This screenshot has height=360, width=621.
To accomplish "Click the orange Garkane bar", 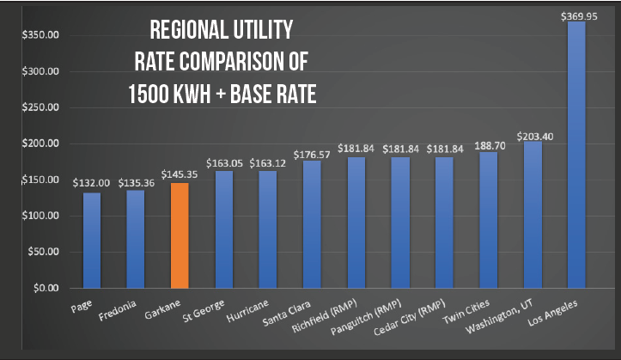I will point(179,235).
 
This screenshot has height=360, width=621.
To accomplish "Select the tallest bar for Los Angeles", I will point(576,155).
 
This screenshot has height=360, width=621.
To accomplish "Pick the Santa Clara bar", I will point(311,224).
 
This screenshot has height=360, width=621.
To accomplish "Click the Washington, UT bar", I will point(532,214).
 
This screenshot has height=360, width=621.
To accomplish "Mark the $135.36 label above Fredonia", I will point(135,181).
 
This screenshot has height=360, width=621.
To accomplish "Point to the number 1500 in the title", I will point(147,94).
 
